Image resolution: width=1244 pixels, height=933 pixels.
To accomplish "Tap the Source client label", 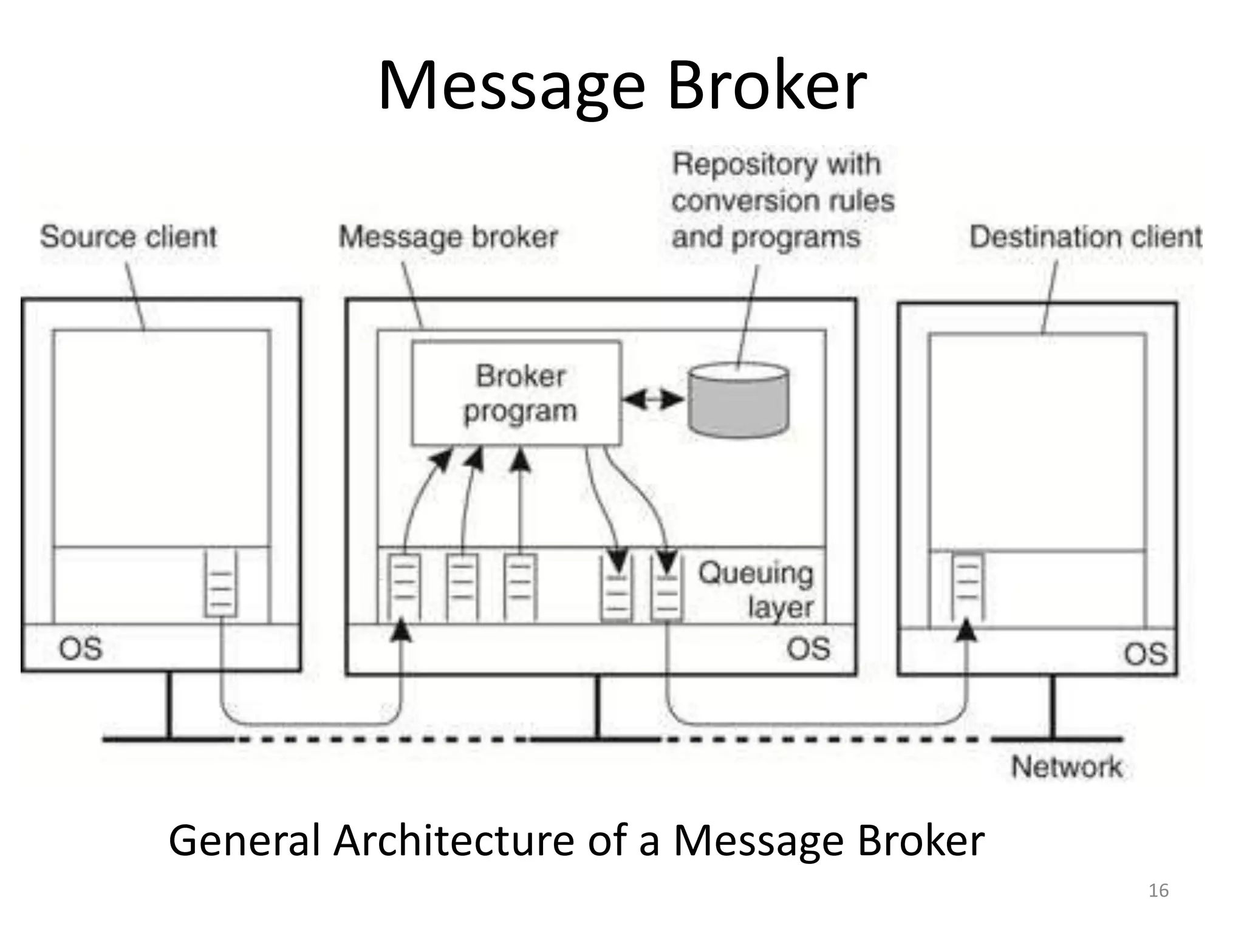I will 128,237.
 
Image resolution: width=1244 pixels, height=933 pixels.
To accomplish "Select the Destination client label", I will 1085,237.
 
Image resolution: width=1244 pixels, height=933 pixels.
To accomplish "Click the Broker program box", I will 516,393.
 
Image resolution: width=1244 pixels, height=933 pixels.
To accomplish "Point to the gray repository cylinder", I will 739,402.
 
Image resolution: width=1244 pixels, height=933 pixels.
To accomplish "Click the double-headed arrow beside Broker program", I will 654,400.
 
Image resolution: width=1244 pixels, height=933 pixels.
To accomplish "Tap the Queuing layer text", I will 757,589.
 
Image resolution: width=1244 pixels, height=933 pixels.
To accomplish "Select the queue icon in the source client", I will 221,584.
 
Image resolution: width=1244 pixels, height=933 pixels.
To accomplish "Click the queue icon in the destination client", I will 967,585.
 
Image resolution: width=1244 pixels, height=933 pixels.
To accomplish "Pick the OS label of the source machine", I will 81,649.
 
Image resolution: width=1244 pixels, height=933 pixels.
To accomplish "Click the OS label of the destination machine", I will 1145,654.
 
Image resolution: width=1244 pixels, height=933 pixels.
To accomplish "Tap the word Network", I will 1066,767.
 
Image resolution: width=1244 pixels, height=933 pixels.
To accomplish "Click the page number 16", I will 1158,890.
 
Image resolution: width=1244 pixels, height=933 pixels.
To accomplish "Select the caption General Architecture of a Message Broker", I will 576,841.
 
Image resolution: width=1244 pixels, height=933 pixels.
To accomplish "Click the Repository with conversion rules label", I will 782,200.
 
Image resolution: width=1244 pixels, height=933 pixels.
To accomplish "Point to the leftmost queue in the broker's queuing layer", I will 404,586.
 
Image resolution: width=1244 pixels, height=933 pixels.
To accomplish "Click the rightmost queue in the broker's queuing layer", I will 667,588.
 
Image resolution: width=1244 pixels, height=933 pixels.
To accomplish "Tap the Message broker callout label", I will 448,237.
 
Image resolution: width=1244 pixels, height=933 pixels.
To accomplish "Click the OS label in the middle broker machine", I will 808,649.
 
